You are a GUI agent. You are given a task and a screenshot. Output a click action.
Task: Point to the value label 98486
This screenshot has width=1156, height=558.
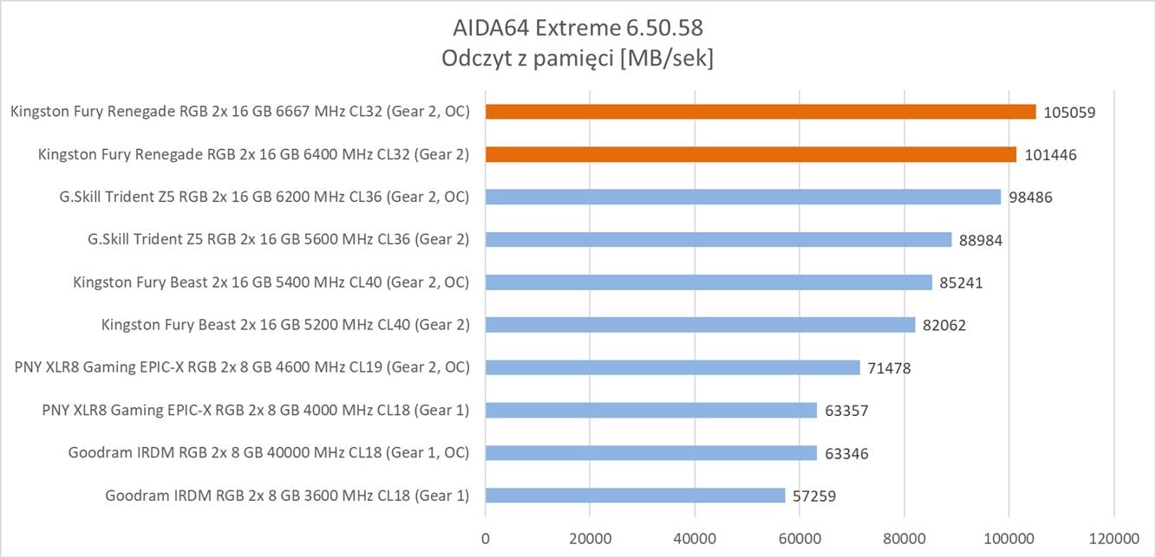click(1029, 198)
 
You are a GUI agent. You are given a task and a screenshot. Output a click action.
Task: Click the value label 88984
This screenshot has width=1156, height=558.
click(981, 240)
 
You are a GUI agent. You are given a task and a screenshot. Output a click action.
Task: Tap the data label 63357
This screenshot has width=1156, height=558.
click(846, 411)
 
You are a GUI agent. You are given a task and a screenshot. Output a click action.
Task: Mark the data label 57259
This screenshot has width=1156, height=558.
click(814, 496)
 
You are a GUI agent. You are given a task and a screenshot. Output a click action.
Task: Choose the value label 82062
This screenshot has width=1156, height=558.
click(944, 326)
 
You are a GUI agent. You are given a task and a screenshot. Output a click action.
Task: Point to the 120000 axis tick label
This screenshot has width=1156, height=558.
click(1114, 537)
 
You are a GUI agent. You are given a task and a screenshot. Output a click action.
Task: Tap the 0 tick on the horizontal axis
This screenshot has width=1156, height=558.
click(486, 537)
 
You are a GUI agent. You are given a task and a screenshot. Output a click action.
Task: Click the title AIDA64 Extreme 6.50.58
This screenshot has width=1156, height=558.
click(578, 29)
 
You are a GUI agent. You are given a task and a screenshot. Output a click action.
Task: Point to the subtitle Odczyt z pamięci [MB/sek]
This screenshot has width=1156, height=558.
click(578, 59)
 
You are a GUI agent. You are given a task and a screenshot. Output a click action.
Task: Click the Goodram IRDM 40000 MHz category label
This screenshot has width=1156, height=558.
click(269, 452)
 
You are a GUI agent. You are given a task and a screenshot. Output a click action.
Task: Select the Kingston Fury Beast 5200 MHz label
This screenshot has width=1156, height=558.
click(285, 325)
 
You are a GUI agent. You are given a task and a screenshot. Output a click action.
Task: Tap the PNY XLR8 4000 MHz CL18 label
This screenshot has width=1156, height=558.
click(255, 410)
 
